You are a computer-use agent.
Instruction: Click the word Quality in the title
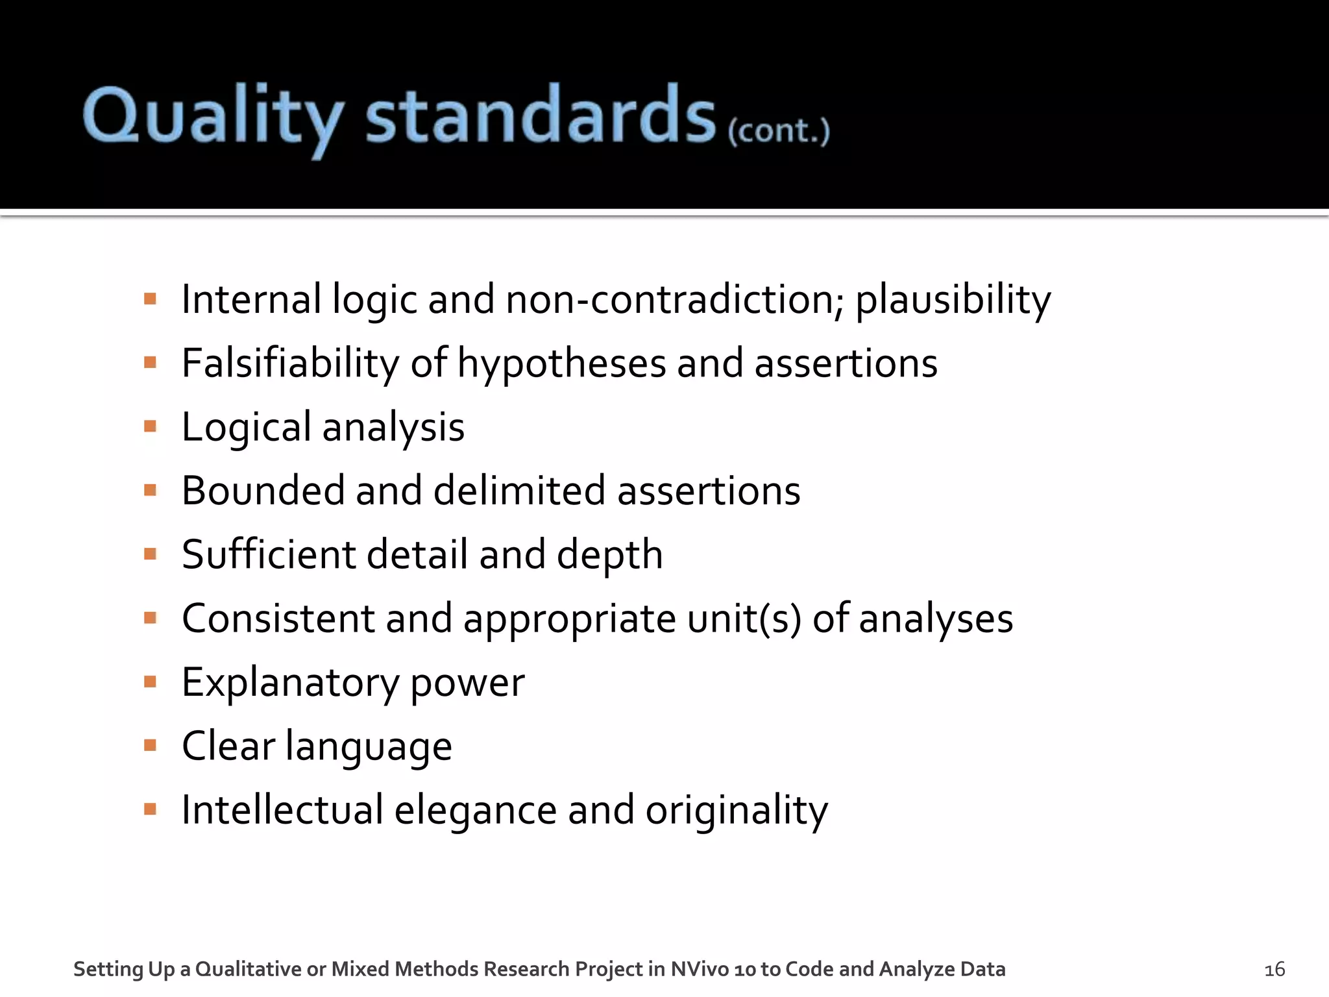(x=213, y=117)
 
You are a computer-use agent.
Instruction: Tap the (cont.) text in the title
(x=778, y=131)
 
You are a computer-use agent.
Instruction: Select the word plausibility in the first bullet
(x=953, y=300)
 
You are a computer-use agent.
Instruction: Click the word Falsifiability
(x=290, y=363)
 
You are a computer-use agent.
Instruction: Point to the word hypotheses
(x=561, y=363)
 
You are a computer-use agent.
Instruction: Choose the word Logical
(x=246, y=428)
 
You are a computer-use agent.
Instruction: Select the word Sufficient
(x=269, y=554)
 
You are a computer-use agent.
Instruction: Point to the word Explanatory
(x=290, y=682)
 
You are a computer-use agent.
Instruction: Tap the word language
(x=368, y=746)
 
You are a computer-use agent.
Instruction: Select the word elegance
(x=475, y=810)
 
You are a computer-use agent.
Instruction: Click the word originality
(x=736, y=810)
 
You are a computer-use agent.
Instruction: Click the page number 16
(x=1274, y=970)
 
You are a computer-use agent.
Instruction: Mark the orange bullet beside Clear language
(x=151, y=745)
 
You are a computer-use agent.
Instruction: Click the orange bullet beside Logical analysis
(x=151, y=426)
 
